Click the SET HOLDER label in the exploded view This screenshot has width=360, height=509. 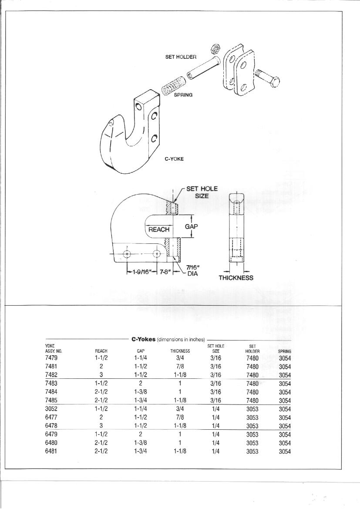point(181,57)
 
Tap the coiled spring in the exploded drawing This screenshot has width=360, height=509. point(173,85)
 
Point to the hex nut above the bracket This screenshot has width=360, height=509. point(215,48)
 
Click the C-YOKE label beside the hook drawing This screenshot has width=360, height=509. point(174,159)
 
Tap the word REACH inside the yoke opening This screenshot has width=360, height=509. point(159,229)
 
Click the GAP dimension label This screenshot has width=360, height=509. point(192,226)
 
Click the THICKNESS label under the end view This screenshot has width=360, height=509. point(236,277)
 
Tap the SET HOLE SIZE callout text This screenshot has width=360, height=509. point(202,192)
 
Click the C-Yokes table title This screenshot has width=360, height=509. point(168,340)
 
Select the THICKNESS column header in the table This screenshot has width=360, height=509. point(180,351)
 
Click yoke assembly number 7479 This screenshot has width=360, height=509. point(51,358)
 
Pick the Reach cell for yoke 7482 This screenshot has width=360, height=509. point(101,375)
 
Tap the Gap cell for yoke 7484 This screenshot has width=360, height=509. point(141,392)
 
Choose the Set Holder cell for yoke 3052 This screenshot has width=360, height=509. point(252,409)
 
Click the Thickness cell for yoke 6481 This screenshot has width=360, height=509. point(180,451)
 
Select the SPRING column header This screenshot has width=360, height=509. point(284,351)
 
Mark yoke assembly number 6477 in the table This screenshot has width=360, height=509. point(51,417)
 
